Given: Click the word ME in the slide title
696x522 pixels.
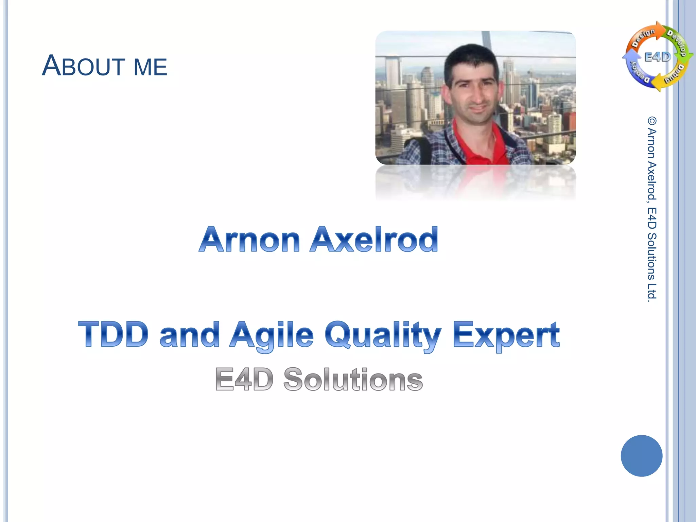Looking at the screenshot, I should point(150,67).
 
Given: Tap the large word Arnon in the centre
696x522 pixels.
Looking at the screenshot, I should point(249,240).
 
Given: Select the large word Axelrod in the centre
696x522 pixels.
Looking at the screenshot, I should point(374,240).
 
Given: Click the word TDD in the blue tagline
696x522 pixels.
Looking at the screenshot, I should point(114,334).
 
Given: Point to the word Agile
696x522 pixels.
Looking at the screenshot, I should point(271,336).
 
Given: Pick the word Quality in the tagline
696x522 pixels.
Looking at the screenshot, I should point(383,336).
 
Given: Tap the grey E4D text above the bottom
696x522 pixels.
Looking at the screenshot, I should point(244,379).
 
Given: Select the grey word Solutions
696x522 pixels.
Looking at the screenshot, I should point(353,379).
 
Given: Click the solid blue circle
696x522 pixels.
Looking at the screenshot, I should point(641,456).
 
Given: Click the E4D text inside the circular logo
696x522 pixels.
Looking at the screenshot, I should point(658,57).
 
